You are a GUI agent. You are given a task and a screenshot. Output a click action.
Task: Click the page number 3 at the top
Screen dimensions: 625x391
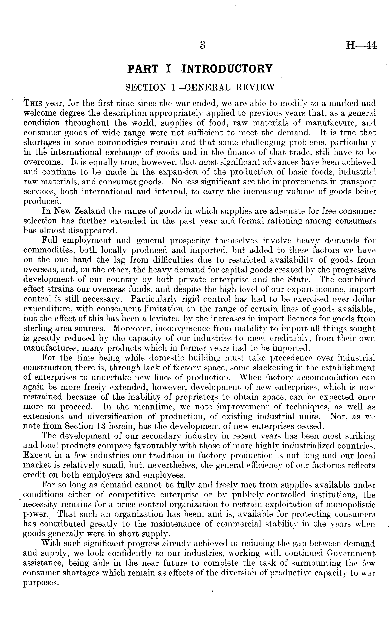click(x=202, y=45)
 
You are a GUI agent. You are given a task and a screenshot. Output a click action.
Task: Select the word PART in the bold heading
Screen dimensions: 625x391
click(x=143, y=69)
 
